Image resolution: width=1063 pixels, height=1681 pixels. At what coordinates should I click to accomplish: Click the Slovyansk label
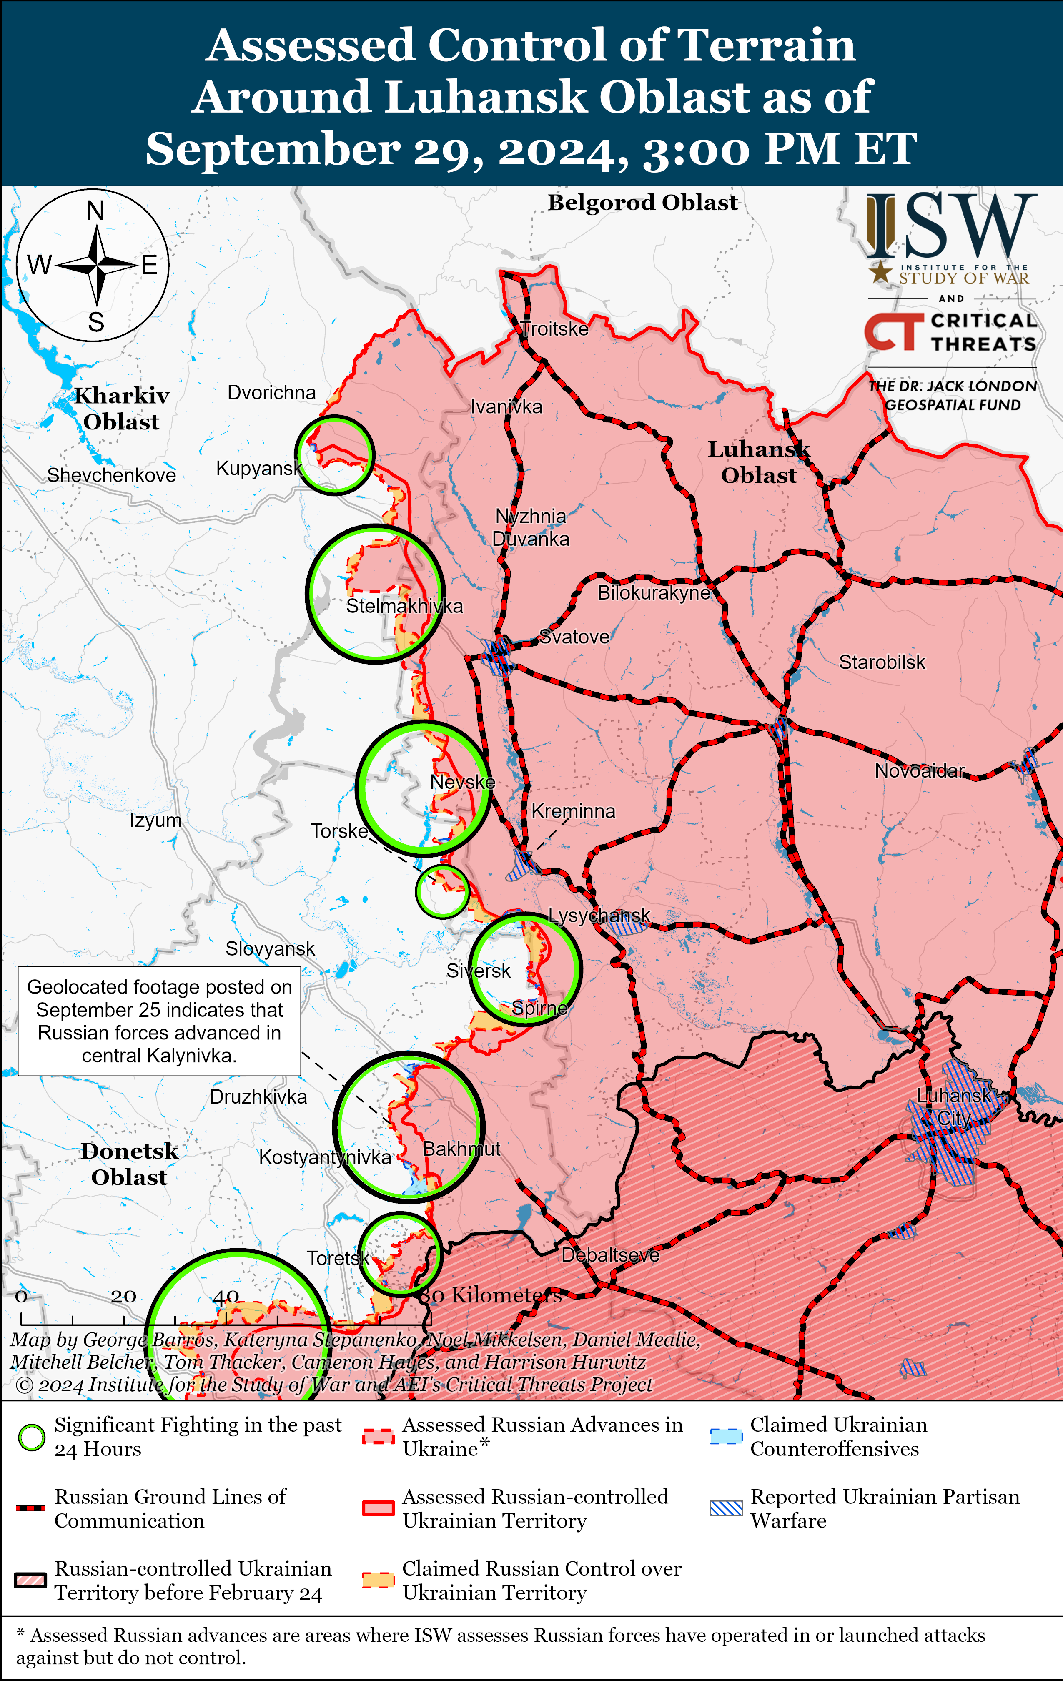pyautogui.click(x=270, y=949)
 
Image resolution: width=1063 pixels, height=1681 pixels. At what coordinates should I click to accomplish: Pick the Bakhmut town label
pyautogui.click(x=461, y=1149)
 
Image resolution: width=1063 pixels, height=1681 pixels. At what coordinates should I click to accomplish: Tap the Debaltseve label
pyautogui.click(x=610, y=1255)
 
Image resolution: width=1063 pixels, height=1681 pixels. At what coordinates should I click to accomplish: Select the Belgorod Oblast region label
pyautogui.click(x=642, y=203)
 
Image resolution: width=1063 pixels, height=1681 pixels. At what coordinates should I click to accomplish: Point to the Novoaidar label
pyautogui.click(x=919, y=771)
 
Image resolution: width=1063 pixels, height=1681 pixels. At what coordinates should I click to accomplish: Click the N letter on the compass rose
pyautogui.click(x=95, y=210)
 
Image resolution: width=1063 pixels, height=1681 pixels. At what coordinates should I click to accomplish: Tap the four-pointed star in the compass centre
pyautogui.click(x=97, y=265)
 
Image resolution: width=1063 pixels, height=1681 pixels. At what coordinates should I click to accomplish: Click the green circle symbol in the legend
pyautogui.click(x=31, y=1438)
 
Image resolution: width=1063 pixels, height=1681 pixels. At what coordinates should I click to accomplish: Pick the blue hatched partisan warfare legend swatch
pyautogui.click(x=726, y=1508)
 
